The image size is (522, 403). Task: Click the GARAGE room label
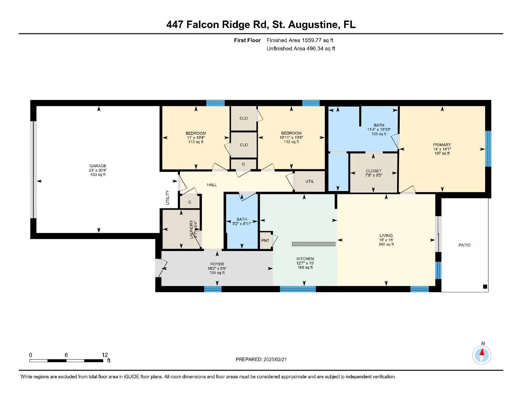[x=98, y=166]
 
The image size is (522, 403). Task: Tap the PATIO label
[x=464, y=245]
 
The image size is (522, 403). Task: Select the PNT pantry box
[x=266, y=241]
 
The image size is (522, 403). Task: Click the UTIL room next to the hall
[x=310, y=182]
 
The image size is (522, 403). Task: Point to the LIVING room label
[x=386, y=236]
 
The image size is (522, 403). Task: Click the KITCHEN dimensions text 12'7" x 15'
[x=305, y=263]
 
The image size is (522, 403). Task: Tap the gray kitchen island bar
[x=314, y=244]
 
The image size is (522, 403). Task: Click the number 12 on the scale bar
[x=105, y=355]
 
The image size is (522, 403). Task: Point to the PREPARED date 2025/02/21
[x=261, y=359]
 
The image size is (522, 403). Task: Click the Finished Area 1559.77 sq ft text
[x=300, y=40]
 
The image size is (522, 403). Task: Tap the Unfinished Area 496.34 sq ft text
[x=301, y=49]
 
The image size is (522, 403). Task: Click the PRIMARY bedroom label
[x=442, y=145]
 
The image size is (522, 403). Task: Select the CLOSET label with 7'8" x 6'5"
[x=374, y=171]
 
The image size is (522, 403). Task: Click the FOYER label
[x=217, y=264]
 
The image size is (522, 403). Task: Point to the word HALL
[x=212, y=185]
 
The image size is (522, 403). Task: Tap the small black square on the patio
[x=485, y=287]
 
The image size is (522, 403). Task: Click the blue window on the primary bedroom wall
[x=488, y=149]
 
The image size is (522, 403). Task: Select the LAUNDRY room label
[x=192, y=229]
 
